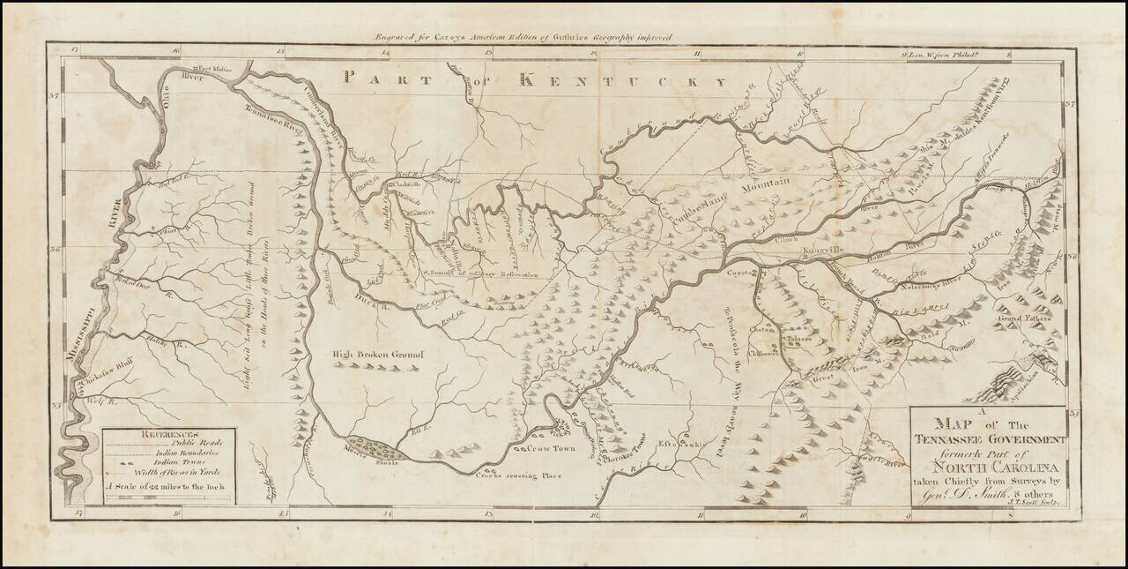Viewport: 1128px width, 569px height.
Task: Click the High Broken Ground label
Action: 378,355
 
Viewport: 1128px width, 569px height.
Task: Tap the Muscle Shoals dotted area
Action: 375,453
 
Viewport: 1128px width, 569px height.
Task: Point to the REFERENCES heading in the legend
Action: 168,433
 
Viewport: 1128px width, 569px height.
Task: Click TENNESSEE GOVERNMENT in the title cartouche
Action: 991,439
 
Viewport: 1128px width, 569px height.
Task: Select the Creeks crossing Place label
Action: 520,476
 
